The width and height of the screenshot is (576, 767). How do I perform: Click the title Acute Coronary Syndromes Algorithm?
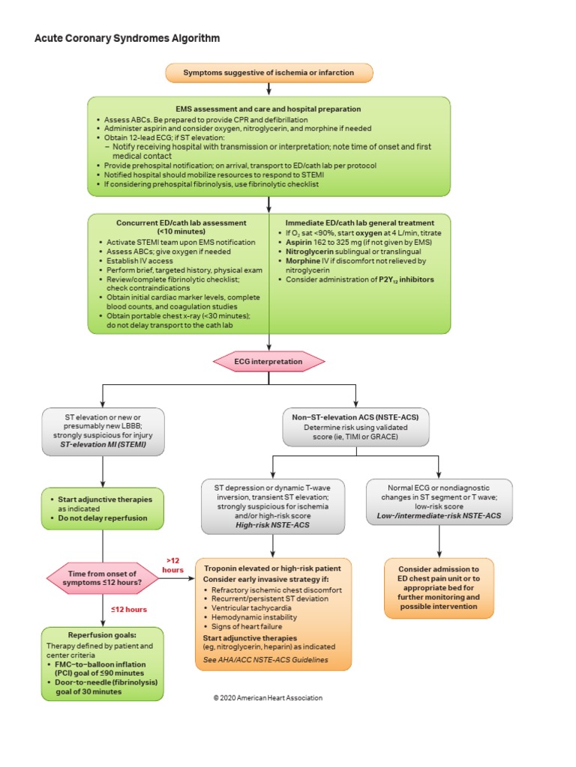click(127, 37)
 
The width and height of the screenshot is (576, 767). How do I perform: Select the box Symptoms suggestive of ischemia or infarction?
click(268, 73)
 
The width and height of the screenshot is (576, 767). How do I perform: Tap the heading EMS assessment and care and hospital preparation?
click(268, 109)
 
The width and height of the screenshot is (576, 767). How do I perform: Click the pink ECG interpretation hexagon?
click(269, 361)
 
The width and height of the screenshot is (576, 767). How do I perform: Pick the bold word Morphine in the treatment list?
click(295, 261)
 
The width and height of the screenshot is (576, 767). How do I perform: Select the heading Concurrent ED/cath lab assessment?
click(181, 222)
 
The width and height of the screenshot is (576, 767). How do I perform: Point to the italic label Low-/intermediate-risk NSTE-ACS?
click(439, 518)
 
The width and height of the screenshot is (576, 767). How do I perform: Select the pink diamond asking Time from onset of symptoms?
click(102, 578)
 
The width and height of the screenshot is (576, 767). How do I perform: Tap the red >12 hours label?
click(173, 565)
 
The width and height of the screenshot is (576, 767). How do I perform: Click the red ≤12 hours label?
click(129, 609)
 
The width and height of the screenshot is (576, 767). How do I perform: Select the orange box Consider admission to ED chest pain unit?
click(439, 588)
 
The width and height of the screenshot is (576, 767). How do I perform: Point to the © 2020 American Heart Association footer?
click(268, 697)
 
